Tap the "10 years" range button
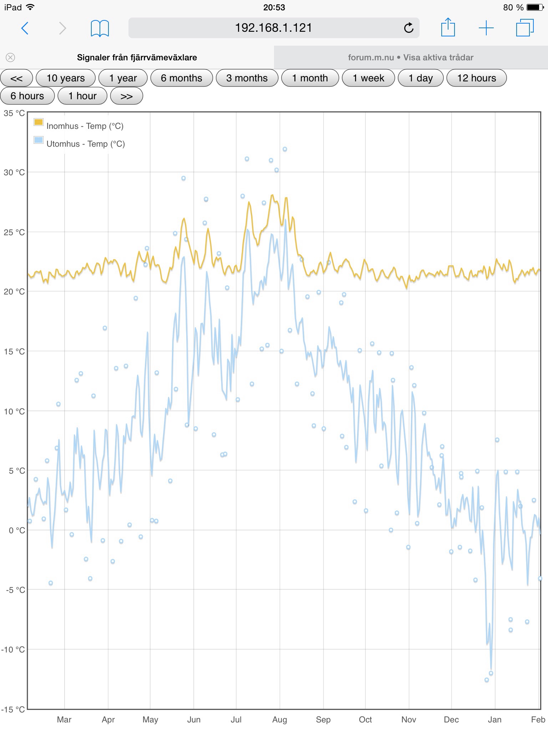pos(66,78)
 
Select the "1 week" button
pos(368,78)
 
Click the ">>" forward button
pos(127,96)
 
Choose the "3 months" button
pos(247,78)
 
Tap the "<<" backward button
pos(16,78)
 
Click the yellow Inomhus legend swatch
pos(38,122)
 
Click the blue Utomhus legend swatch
pos(38,140)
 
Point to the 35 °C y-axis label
pos(14,114)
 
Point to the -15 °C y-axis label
pos(13,709)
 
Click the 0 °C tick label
pos(16,530)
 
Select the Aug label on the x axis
pos(279,720)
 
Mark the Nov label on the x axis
pos(409,720)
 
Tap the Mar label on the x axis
pos(64,720)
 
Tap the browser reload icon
pos(409,28)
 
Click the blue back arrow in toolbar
pos(25,28)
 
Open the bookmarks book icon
pos(100,28)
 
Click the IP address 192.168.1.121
pos(273,28)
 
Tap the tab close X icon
pos(10,57)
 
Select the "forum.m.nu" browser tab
pos(411,57)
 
